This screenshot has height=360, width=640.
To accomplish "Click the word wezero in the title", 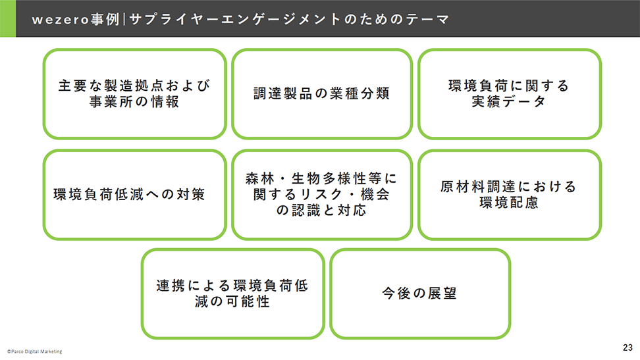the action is pyautogui.click(x=61, y=20).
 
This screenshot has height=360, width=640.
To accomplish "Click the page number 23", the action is pyautogui.click(x=627, y=347).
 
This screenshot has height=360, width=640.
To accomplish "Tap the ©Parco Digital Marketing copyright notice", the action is pyautogui.click(x=35, y=351).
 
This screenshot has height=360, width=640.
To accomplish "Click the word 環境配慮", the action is pyautogui.click(x=509, y=203).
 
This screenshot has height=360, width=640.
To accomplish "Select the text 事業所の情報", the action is pyautogui.click(x=134, y=101).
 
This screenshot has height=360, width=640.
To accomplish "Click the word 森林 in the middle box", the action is pyautogui.click(x=260, y=178).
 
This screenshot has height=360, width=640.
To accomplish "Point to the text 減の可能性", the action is pyautogui.click(x=232, y=301).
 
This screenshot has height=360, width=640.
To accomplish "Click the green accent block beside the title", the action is pyautogui.click(x=8, y=18).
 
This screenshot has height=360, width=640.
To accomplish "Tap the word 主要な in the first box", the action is pyautogui.click(x=81, y=86).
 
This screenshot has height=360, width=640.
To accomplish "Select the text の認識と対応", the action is pyautogui.click(x=321, y=210).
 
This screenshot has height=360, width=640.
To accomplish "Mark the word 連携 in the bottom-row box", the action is pyautogui.click(x=171, y=286).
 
